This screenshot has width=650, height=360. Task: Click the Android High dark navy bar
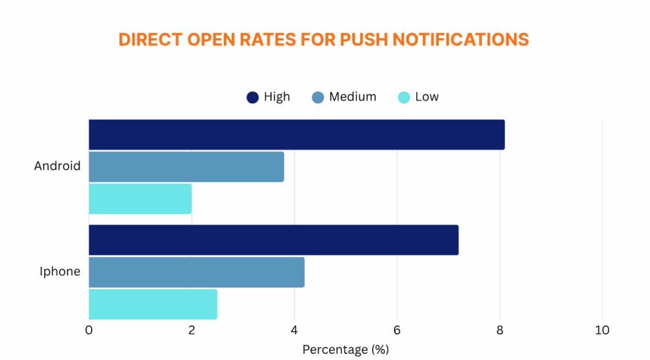[297, 135]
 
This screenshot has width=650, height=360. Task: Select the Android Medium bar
[186, 167]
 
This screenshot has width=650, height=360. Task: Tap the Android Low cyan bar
[140, 199]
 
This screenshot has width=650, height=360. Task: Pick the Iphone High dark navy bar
[273, 240]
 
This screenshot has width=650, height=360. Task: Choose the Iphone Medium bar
[196, 272]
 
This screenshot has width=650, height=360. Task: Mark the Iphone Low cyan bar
[153, 304]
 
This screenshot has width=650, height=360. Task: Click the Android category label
[57, 166]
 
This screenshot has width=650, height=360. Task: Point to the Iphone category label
[60, 271]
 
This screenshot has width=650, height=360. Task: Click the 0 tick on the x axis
[89, 330]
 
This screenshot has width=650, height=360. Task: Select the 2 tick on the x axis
[192, 330]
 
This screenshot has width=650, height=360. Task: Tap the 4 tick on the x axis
[294, 330]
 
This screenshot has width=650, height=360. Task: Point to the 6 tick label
[397, 330]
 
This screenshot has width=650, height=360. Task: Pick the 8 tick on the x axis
[500, 330]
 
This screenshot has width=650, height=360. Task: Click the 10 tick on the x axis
[602, 330]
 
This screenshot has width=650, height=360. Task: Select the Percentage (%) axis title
[345, 350]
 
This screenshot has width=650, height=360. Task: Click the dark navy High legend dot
[252, 98]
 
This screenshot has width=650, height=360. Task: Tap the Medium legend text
[352, 97]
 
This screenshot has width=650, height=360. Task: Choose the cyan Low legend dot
[404, 98]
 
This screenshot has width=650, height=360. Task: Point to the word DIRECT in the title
[145, 39]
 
